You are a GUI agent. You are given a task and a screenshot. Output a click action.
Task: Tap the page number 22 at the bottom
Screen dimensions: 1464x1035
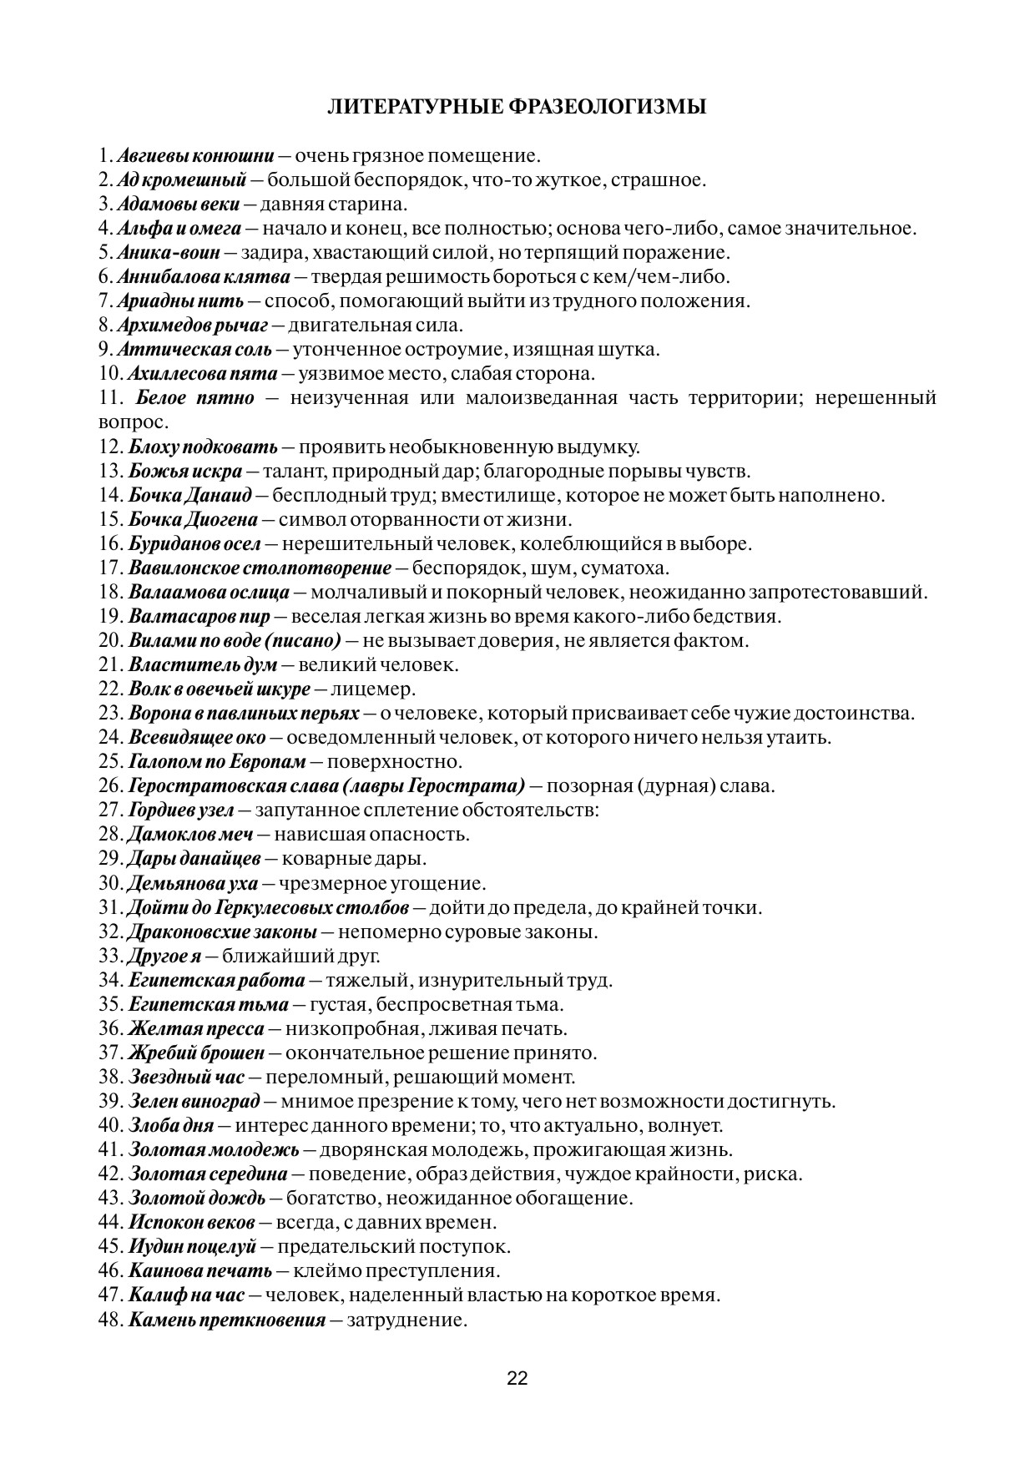[x=517, y=1377]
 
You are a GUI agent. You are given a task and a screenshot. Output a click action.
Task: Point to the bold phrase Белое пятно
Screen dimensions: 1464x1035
[x=194, y=397]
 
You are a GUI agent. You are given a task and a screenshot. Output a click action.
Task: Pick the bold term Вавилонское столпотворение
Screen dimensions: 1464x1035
[x=260, y=568]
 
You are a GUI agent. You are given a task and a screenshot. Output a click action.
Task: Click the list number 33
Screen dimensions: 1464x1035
[x=109, y=955]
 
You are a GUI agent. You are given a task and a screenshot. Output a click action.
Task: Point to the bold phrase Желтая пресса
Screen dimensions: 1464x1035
[x=196, y=1028]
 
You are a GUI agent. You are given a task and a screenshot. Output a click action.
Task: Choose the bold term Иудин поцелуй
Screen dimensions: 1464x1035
[x=193, y=1246]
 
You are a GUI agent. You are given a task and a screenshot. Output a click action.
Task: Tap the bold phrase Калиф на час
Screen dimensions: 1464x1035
[x=186, y=1295]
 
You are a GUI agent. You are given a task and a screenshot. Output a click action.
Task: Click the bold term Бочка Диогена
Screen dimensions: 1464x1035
[x=193, y=519]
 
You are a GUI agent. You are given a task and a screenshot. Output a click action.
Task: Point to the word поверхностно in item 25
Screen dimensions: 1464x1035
[x=393, y=761]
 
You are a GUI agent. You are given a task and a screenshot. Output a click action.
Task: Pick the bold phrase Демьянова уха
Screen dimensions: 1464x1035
[x=191, y=882]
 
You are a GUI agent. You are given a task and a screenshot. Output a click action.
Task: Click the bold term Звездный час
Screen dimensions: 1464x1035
[x=186, y=1077]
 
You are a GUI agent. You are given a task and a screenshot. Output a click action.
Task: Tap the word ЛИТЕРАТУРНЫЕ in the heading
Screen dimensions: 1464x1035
[x=413, y=107]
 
